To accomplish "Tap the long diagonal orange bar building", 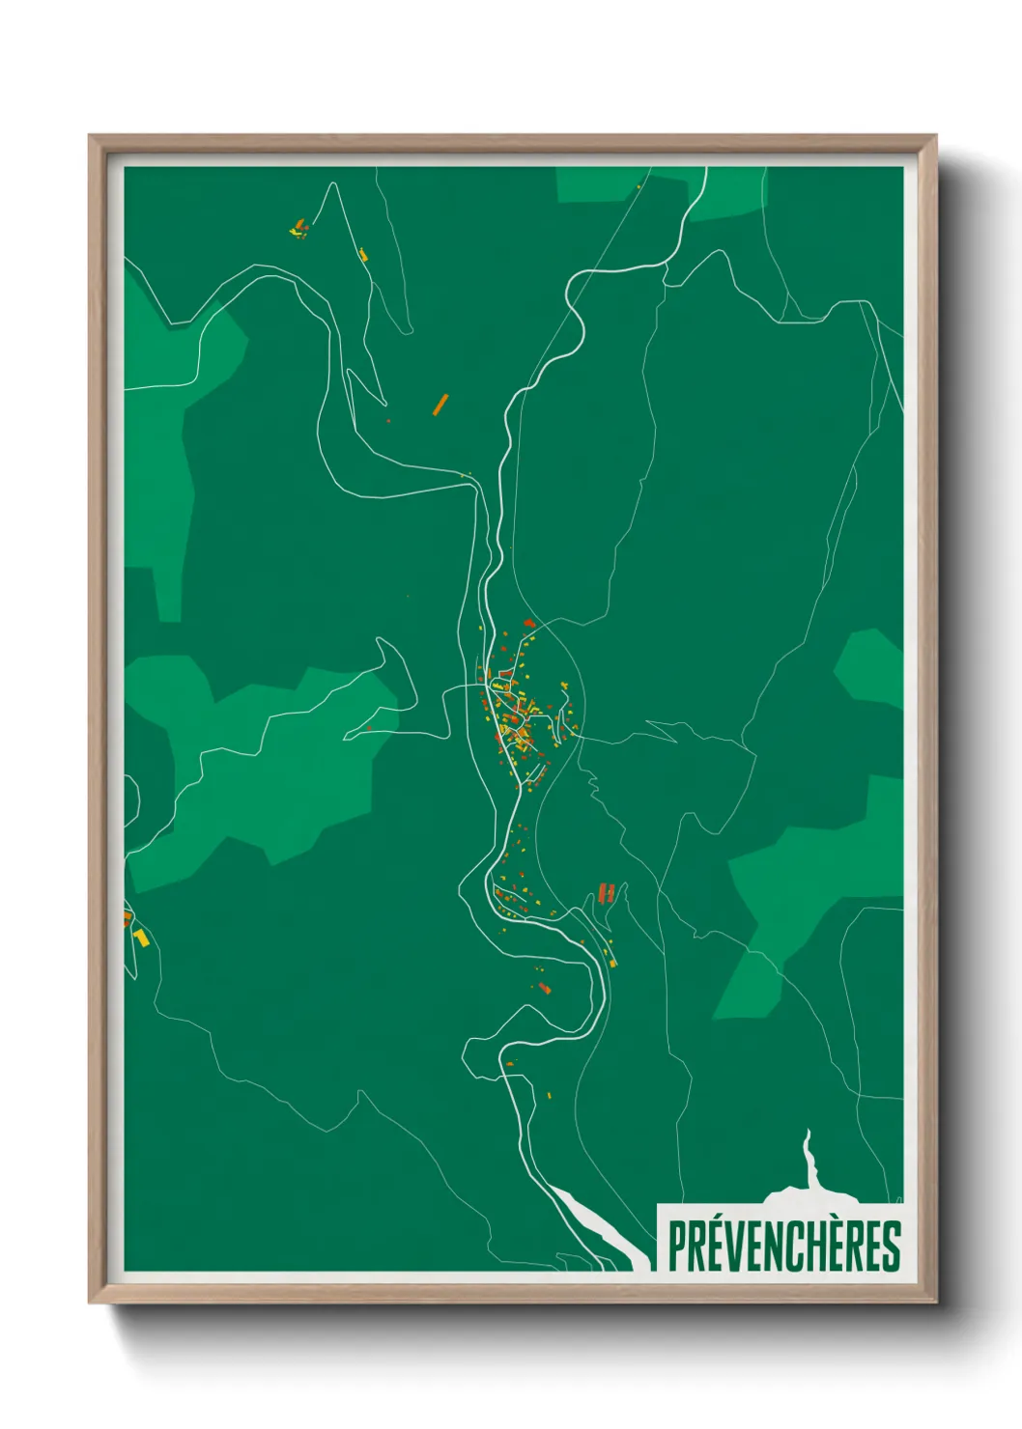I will [440, 404].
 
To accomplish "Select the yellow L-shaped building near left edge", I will [142, 937].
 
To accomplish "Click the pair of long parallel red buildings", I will [607, 891].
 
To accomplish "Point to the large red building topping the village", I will [528, 624].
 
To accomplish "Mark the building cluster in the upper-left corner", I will [298, 229].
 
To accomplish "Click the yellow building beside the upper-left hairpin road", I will [363, 255].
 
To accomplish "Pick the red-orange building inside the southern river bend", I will [544, 988].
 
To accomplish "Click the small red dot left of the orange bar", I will [388, 421].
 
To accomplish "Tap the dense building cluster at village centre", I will [517, 719].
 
